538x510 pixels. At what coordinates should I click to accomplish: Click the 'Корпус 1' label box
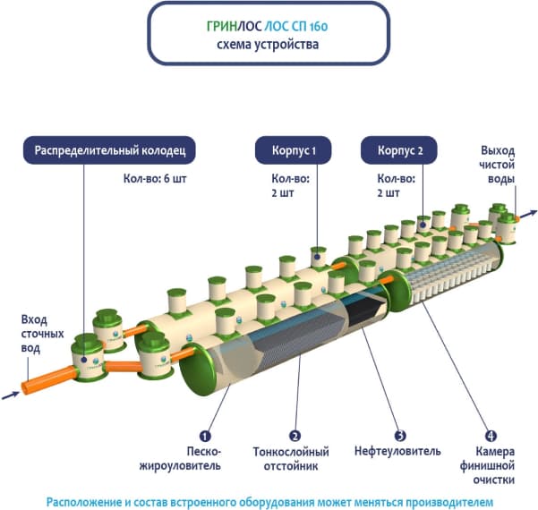[x=293, y=149]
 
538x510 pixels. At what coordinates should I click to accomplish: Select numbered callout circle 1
[x=205, y=436]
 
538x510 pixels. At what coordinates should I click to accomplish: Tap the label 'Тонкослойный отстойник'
[x=291, y=459]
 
